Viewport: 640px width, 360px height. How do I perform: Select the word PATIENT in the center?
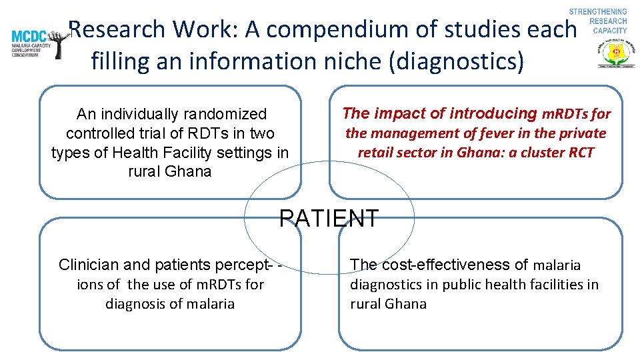click(329, 218)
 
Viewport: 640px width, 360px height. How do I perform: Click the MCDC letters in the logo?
click(29, 37)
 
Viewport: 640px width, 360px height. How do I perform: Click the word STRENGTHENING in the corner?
click(598, 12)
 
